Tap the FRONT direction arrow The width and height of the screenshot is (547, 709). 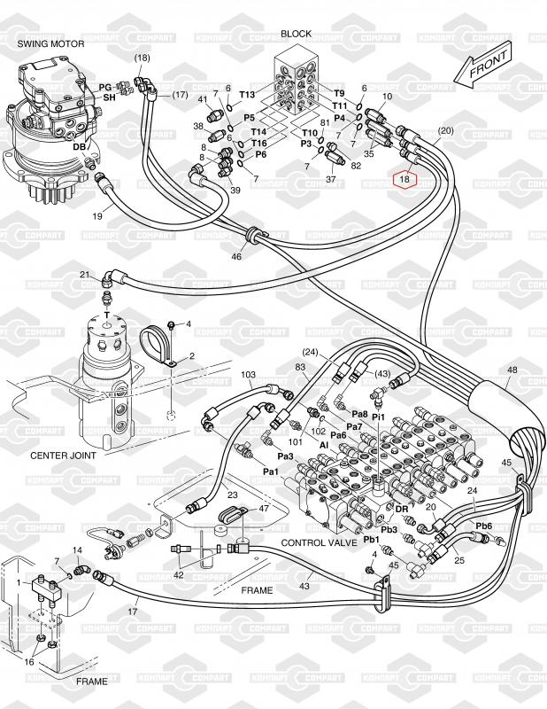click(x=488, y=66)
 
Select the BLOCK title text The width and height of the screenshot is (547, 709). click(x=297, y=34)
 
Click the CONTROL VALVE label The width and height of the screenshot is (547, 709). click(x=319, y=542)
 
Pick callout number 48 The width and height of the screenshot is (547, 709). click(x=512, y=370)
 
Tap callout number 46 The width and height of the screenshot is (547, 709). click(x=236, y=256)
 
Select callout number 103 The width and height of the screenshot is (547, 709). click(x=249, y=375)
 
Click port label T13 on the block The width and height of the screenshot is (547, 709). click(x=247, y=95)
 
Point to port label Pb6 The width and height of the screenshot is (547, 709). click(x=483, y=526)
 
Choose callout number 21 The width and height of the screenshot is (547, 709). click(x=84, y=276)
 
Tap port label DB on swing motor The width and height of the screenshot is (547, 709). click(x=79, y=146)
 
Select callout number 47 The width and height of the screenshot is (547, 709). click(x=264, y=509)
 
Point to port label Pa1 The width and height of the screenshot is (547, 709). click(x=271, y=471)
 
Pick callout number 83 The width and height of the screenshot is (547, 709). click(x=300, y=367)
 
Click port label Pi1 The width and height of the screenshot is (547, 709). click(x=379, y=417)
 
